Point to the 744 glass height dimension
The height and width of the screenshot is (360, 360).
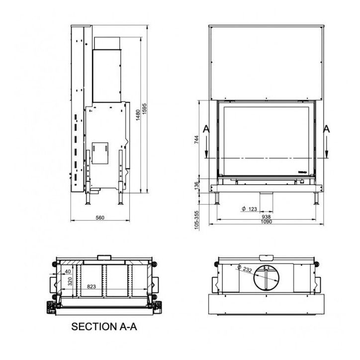click(196, 140)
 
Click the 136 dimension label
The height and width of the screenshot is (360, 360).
click(196, 185)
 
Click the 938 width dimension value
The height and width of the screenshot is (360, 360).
click(266, 216)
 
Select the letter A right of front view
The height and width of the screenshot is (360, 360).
click(327, 129)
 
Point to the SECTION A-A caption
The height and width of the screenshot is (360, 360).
click(104, 327)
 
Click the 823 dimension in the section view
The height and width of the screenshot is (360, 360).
click(91, 286)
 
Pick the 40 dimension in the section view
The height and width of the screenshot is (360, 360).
click(68, 271)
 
